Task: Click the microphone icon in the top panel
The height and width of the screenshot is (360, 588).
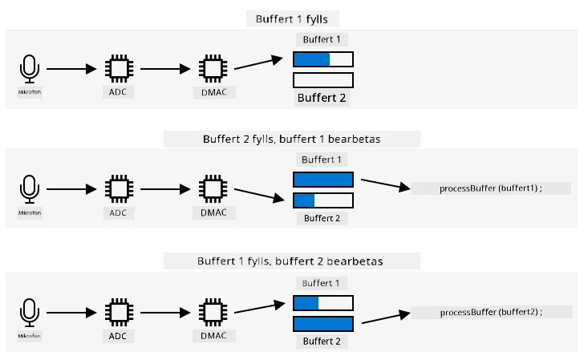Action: [x=29, y=69]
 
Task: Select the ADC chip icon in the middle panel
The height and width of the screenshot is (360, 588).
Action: [x=119, y=189]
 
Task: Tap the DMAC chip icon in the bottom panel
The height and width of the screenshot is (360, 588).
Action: [x=213, y=313]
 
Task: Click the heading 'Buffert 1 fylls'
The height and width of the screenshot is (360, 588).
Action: [x=292, y=19]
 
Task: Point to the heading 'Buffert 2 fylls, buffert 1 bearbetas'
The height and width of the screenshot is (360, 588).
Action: [x=292, y=140]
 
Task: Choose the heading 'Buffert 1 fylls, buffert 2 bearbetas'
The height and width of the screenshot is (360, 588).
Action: [x=290, y=261]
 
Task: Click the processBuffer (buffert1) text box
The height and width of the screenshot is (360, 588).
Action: [x=491, y=188]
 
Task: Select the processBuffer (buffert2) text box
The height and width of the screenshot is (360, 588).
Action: [x=491, y=312]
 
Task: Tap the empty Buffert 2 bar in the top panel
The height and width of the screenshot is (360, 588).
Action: [x=323, y=80]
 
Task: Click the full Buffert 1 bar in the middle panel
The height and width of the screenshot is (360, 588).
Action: [x=323, y=180]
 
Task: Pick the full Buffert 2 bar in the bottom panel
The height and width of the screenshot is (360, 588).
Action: [x=323, y=324]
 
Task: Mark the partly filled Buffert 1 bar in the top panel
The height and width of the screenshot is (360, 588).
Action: [x=323, y=59]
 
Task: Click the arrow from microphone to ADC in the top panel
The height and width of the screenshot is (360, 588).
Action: [x=71, y=69]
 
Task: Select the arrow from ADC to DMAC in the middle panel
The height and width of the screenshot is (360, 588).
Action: [x=165, y=189]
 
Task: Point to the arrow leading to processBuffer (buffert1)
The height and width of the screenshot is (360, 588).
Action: [x=386, y=184]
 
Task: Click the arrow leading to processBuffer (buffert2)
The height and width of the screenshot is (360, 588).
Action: [x=386, y=317]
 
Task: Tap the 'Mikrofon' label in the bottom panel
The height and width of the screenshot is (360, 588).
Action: [x=29, y=336]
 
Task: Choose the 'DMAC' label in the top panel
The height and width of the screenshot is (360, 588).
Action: [x=214, y=92]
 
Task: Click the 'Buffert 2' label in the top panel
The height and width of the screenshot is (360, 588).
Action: [x=322, y=98]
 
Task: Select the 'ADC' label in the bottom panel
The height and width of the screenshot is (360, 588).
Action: [x=118, y=336]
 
